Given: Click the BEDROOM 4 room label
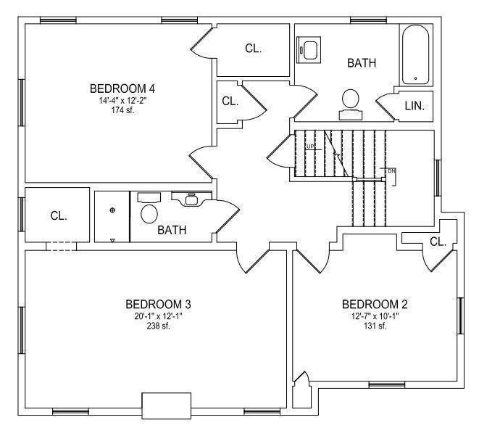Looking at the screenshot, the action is pos(122,88).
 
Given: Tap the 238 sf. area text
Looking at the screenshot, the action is pos(158,326).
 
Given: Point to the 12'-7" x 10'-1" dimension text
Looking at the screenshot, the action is pos(375,316).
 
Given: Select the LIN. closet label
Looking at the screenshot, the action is pos(415,106).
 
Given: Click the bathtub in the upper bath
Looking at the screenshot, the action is pos(415,54).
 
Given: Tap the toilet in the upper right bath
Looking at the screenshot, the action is pos(351,104).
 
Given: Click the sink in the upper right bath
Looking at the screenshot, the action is pos(309,49).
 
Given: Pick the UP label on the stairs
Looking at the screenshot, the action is pos(309,147).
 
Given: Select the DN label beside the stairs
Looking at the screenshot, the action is pos(391,171).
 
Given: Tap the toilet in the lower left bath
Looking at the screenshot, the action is pos(149,208).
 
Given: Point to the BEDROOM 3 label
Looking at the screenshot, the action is pos(158,305).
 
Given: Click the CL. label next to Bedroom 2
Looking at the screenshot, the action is pos(438,242).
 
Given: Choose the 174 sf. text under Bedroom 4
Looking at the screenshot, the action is pos(122,110).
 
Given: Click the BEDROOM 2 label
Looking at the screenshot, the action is pos(375,305).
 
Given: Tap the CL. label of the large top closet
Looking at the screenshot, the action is pos(253,49).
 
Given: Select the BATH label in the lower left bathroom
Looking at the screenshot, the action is pos(172,230).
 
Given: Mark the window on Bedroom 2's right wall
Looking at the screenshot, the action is pos(460,316).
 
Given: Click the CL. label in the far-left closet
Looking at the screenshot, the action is pos(59,216).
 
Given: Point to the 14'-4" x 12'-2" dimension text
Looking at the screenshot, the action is pos(122,100).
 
